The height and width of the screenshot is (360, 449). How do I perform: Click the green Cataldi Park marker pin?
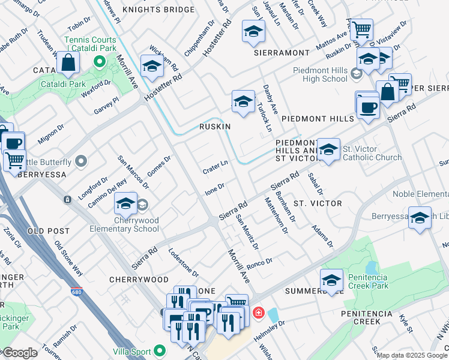click(x=99, y=62)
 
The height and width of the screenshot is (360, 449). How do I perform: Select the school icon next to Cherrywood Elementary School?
click(x=126, y=204)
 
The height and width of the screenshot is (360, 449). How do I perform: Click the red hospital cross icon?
click(x=259, y=313)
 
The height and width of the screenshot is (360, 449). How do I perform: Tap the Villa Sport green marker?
click(x=160, y=350)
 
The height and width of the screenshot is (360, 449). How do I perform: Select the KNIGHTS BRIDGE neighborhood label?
click(x=158, y=10)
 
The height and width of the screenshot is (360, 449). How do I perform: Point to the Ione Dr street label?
click(x=214, y=188)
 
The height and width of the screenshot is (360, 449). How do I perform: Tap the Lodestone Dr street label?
click(x=183, y=262)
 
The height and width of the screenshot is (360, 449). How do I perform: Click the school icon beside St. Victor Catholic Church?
click(x=328, y=149)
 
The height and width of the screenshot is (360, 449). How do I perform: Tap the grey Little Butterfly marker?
click(x=82, y=161)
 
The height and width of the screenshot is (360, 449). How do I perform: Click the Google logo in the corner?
click(x=20, y=353)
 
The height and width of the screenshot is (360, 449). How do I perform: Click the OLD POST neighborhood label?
click(x=44, y=230)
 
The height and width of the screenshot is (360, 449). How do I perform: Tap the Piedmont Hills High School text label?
click(x=320, y=74)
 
